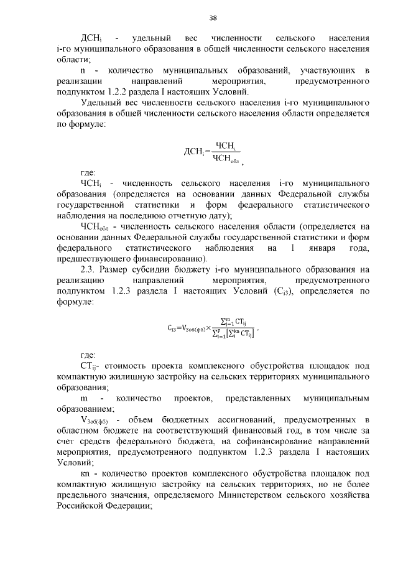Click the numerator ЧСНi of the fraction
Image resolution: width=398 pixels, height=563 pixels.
[x=224, y=146]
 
